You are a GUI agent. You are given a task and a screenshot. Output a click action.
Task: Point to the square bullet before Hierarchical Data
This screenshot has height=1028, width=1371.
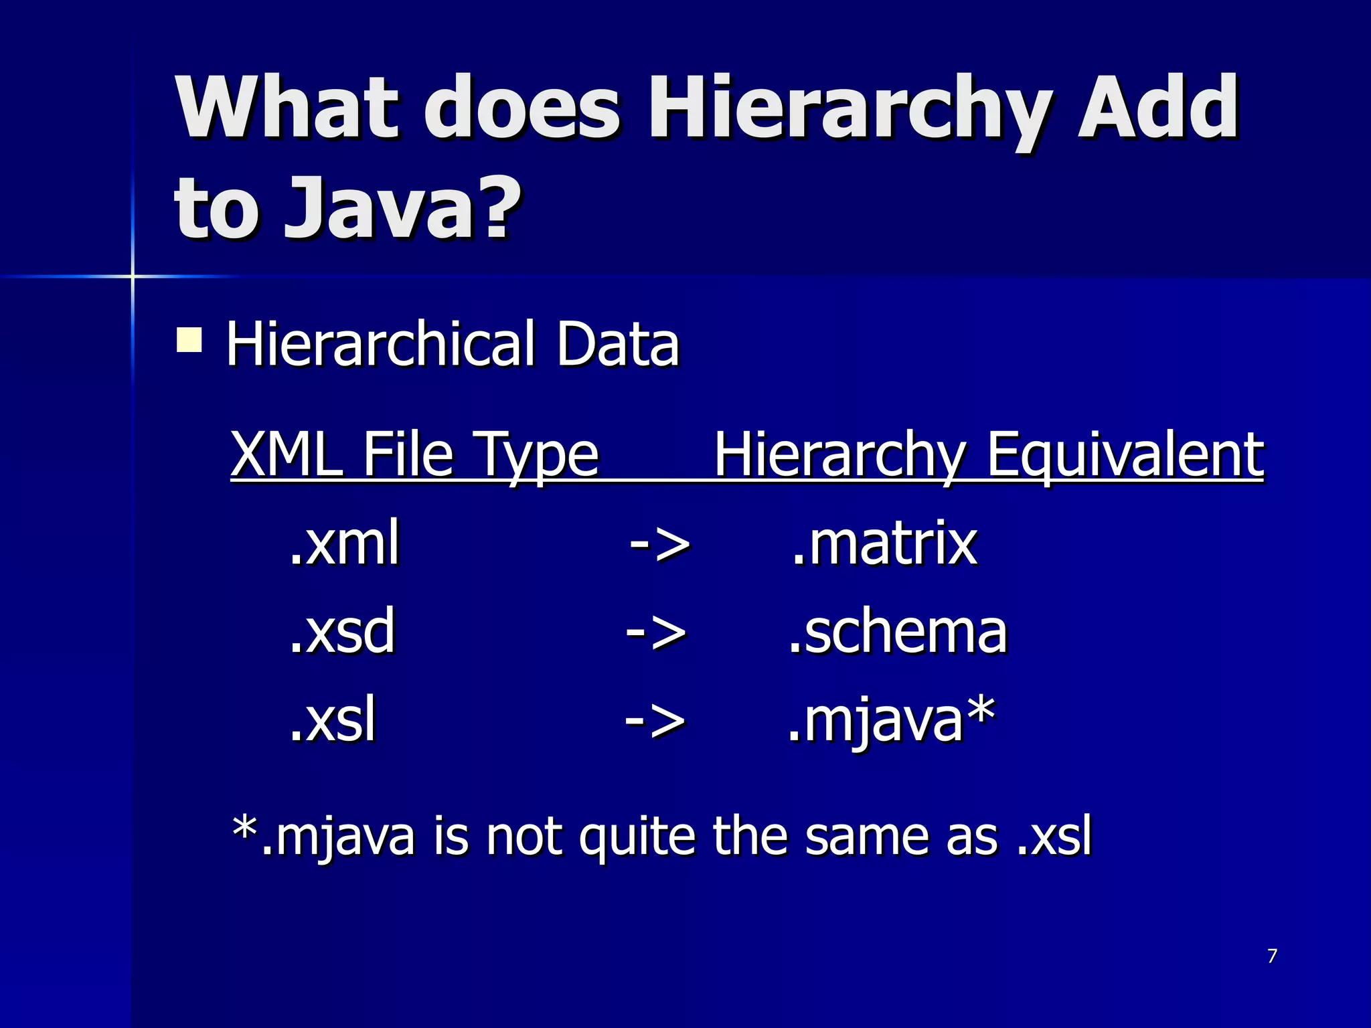coord(189,339)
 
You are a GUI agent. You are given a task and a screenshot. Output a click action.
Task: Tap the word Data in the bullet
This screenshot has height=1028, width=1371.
coord(617,344)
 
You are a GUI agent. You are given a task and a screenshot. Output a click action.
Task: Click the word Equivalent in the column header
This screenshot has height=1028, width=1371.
coord(1125,455)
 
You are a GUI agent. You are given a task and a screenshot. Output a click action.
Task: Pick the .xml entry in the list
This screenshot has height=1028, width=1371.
coord(345,543)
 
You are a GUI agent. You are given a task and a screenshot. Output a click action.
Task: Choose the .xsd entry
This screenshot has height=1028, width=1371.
coord(342,631)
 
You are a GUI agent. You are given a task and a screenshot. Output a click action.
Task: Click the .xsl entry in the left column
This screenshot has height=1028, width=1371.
coord(333,720)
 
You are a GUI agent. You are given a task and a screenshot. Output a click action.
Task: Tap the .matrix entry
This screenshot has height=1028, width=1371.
coord(884,543)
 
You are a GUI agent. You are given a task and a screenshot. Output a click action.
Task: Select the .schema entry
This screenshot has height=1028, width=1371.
coord(897,631)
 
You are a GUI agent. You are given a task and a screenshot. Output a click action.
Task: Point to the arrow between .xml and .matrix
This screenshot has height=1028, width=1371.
coord(659,544)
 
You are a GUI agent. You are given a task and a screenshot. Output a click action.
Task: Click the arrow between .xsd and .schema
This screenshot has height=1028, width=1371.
coord(655,632)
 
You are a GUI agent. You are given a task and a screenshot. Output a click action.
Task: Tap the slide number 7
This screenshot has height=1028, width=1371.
coord(1272,956)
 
